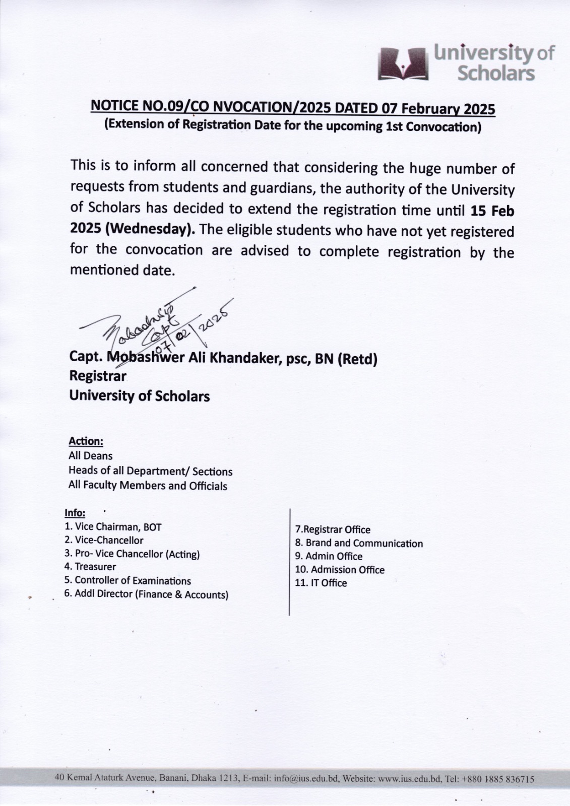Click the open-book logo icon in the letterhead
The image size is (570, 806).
pos(403,63)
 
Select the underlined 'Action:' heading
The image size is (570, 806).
pos(86,441)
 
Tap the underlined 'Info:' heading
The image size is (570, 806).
pos(75,513)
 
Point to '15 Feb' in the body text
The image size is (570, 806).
pos(492,210)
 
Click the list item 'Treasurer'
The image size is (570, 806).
pos(95,567)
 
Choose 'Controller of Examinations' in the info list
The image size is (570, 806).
pos(133,580)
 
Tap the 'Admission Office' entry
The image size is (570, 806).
pos(347,570)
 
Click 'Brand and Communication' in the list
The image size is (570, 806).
pos(364,543)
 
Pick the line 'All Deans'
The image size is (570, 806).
pos(91,456)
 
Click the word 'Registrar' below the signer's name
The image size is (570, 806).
pos(98,376)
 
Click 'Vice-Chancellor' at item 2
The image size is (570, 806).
pos(109,541)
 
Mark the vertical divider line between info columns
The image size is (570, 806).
pos(289,562)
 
